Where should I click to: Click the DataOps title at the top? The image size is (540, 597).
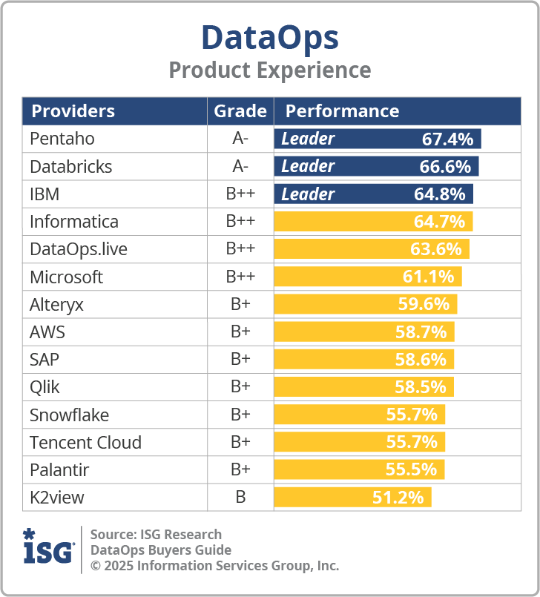(269, 37)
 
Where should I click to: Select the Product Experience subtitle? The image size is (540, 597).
(269, 70)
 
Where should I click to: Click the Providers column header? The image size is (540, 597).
(73, 111)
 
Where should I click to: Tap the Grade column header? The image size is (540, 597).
(240, 111)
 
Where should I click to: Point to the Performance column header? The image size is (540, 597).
(342, 111)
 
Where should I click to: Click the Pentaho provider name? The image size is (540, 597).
(62, 139)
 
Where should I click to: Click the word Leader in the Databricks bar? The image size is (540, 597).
(308, 167)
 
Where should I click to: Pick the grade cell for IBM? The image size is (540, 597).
(240, 194)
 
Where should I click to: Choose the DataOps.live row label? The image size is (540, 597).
(79, 249)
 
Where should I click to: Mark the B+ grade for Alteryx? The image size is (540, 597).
(240, 305)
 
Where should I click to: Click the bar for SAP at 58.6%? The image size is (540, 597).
(363, 360)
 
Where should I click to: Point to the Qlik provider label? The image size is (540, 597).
(45, 387)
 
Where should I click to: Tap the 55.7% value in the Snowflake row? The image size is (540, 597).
(412, 415)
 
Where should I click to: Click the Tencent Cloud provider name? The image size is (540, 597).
(85, 443)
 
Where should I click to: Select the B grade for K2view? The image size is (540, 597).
(240, 498)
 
